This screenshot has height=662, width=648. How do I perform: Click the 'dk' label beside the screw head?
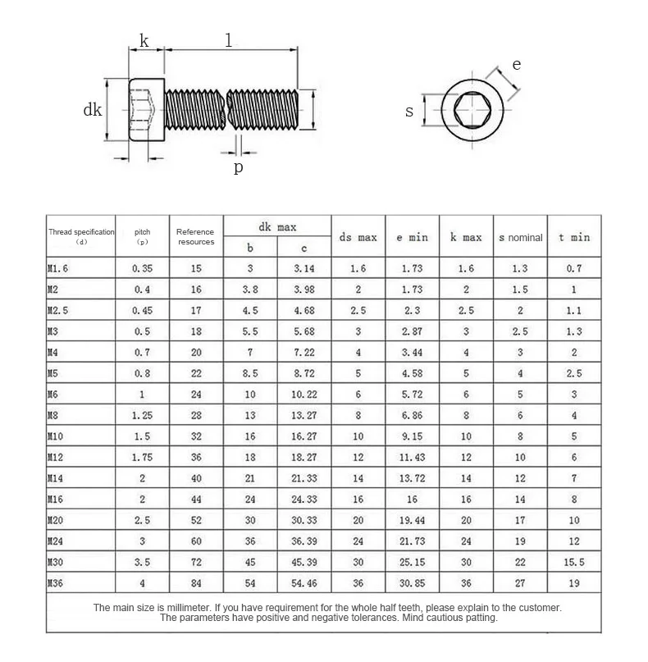tap(93, 110)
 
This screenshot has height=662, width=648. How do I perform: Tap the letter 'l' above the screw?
tap(228, 40)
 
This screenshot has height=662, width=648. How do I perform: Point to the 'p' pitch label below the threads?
tap(239, 167)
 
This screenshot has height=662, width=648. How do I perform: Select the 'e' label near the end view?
tap(516, 65)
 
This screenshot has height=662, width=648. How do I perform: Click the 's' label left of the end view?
tap(409, 111)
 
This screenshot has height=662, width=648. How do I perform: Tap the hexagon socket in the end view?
tap(472, 110)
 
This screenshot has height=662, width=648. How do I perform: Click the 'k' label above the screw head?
tap(144, 40)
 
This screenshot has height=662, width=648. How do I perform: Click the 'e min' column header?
tap(412, 237)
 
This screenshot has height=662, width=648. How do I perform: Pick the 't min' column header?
tap(574, 237)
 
